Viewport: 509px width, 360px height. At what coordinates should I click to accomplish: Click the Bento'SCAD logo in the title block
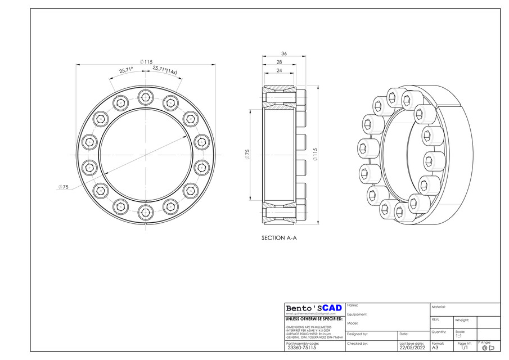(x=314, y=308)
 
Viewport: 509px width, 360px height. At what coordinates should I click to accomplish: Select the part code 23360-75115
(x=303, y=348)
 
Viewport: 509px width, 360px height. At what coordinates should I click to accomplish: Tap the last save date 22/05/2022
(x=411, y=348)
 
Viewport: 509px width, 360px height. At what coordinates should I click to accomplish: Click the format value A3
(x=435, y=348)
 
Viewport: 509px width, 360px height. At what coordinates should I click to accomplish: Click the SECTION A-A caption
(x=279, y=238)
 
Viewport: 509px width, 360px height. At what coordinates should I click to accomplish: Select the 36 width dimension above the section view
(x=284, y=53)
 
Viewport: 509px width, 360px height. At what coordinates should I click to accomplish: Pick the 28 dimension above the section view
(x=279, y=62)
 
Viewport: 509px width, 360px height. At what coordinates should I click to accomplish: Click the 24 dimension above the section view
(x=279, y=71)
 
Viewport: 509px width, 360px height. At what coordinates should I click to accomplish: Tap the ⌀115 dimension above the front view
(x=146, y=62)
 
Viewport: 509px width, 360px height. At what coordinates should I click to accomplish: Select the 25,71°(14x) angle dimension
(x=165, y=71)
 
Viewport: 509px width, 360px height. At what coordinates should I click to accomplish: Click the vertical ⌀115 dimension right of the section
(x=315, y=154)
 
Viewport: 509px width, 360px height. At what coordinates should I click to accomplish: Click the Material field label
(x=439, y=307)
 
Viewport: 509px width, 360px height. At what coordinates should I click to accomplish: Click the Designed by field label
(x=358, y=334)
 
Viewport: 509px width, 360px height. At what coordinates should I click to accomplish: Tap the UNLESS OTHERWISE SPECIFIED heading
(x=314, y=319)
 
